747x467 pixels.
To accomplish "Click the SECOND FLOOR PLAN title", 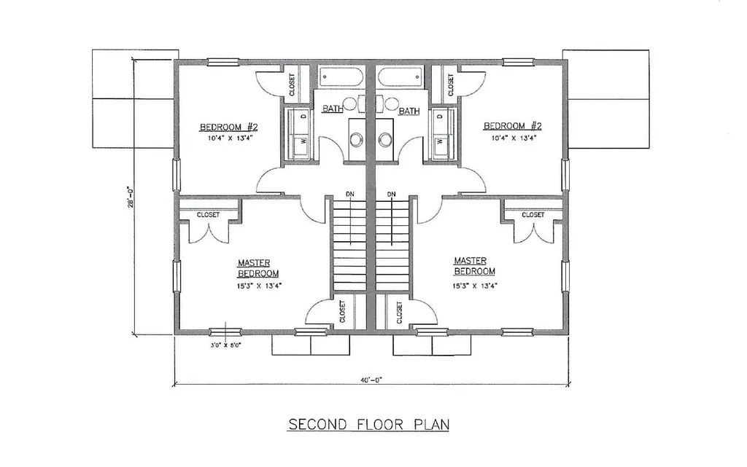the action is click(368, 424).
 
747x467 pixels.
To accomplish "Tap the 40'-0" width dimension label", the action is click(371, 380).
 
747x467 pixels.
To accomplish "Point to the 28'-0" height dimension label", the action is click(128, 197).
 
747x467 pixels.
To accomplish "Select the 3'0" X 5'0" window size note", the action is click(226, 345).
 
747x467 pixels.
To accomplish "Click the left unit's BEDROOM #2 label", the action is click(228, 127).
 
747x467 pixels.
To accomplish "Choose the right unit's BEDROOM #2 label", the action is click(513, 126).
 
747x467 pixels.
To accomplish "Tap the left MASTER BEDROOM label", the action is click(258, 268).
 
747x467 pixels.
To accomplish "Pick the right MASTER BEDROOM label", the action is click(474, 266).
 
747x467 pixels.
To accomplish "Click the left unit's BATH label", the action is click(333, 109).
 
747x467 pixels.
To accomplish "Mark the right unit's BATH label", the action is click(409, 111).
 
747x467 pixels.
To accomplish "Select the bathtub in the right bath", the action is click(400, 76).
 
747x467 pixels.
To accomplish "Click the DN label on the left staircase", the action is click(350, 194).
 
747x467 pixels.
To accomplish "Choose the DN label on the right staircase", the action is click(392, 194).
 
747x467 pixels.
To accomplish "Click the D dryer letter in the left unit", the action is click(303, 116).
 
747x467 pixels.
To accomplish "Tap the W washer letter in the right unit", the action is click(440, 141).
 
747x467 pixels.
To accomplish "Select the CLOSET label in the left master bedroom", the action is click(208, 215).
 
